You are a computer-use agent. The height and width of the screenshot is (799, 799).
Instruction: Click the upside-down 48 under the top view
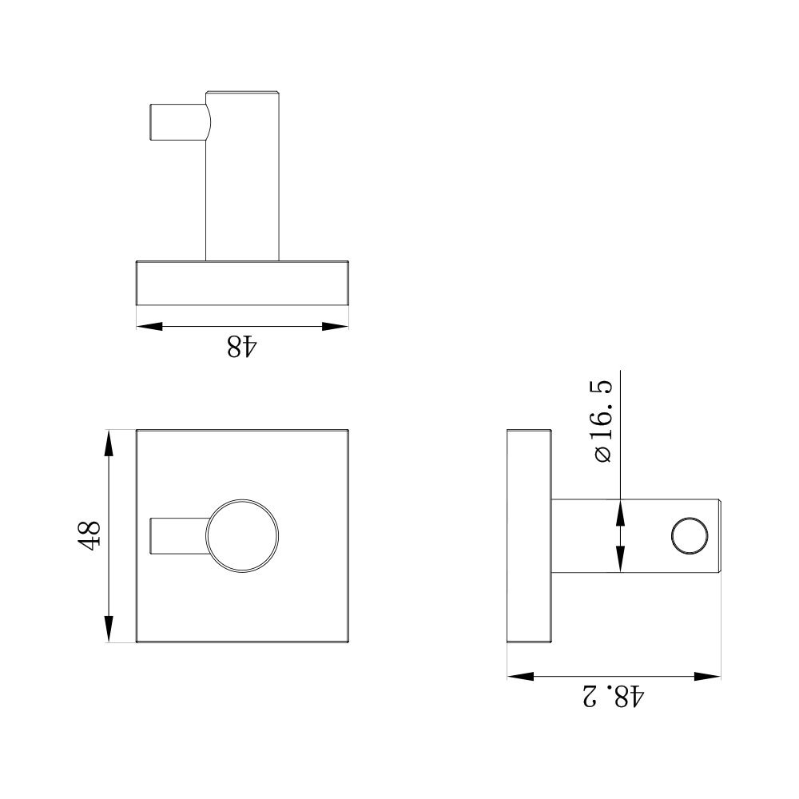(242, 347)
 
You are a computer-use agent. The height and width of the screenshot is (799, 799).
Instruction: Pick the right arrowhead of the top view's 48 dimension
(336, 325)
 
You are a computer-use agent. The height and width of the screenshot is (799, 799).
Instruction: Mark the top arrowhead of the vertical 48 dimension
(108, 443)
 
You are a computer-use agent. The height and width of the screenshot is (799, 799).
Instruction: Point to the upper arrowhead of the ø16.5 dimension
(620, 512)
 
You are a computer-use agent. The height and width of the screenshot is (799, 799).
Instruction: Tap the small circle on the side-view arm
(691, 536)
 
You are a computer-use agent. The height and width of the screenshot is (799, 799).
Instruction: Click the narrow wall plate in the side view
(529, 536)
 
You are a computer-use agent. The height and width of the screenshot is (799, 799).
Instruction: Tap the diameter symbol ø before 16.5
(603, 453)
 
